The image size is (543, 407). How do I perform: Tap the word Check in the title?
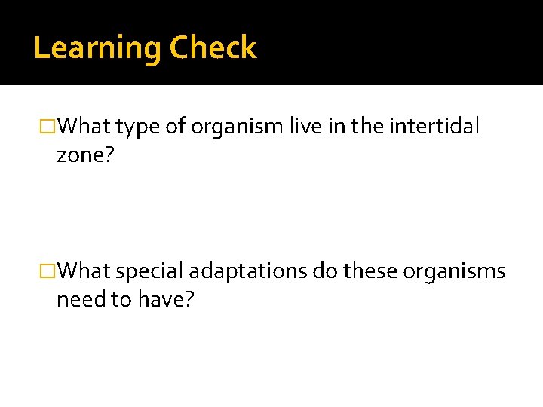213,48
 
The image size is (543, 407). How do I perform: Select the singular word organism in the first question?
238,127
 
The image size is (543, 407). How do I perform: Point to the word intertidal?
434,127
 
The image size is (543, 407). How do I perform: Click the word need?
81,300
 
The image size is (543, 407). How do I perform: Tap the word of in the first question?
175,127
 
